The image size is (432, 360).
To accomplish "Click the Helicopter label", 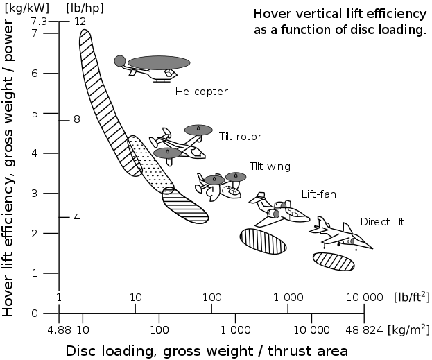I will pyautogui.click(x=201, y=92).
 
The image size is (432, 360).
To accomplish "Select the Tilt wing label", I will pyautogui.click(x=270, y=166).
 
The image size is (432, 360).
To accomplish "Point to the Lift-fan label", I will pyautogui.click(x=318, y=194).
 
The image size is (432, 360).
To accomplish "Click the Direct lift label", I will pyautogui.click(x=382, y=222).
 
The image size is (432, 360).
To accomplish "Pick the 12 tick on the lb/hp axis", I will pyautogui.click(x=80, y=22).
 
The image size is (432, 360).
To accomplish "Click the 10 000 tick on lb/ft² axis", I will pyautogui.click(x=363, y=297).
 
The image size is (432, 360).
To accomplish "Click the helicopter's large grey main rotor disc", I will pyautogui.click(x=159, y=62).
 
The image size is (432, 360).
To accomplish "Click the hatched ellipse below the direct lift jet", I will pyautogui.click(x=334, y=261).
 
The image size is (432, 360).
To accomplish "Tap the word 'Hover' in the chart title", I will pyautogui.click(x=270, y=13).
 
